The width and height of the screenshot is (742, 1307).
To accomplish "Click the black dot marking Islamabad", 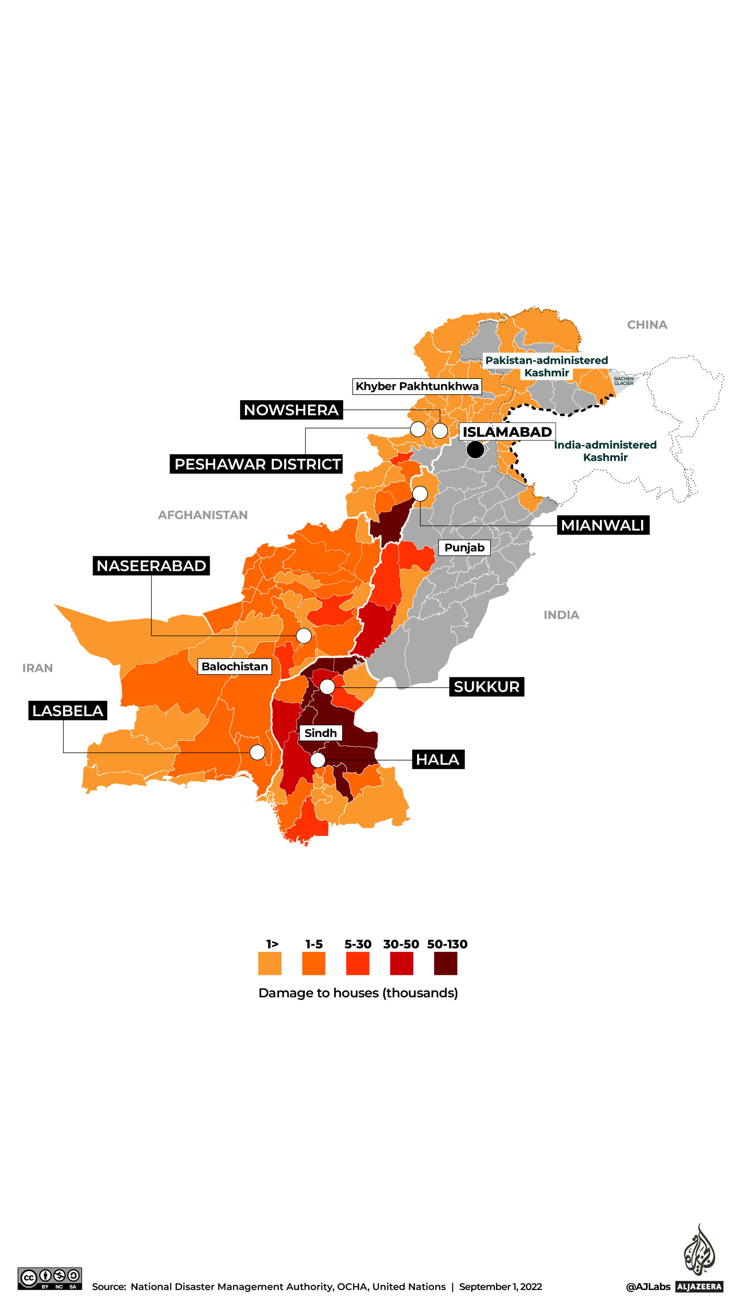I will click(475, 449).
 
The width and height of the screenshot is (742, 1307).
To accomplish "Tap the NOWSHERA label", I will click(291, 410).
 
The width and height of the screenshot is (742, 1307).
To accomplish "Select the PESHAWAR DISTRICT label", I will click(256, 464).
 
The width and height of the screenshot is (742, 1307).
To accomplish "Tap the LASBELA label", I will click(67, 710).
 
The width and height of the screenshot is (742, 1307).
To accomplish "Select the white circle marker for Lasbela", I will click(257, 752).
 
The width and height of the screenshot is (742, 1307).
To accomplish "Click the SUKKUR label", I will click(486, 687).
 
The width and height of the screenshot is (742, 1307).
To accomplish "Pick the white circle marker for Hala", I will click(317, 760).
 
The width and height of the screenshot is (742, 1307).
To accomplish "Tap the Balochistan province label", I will click(234, 666).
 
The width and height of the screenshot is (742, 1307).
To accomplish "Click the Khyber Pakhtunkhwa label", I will click(416, 386).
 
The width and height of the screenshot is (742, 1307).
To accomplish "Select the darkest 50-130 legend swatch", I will click(445, 963).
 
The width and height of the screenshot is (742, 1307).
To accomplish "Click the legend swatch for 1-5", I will click(314, 963).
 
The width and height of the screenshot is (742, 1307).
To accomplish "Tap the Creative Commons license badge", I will click(49, 1279).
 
